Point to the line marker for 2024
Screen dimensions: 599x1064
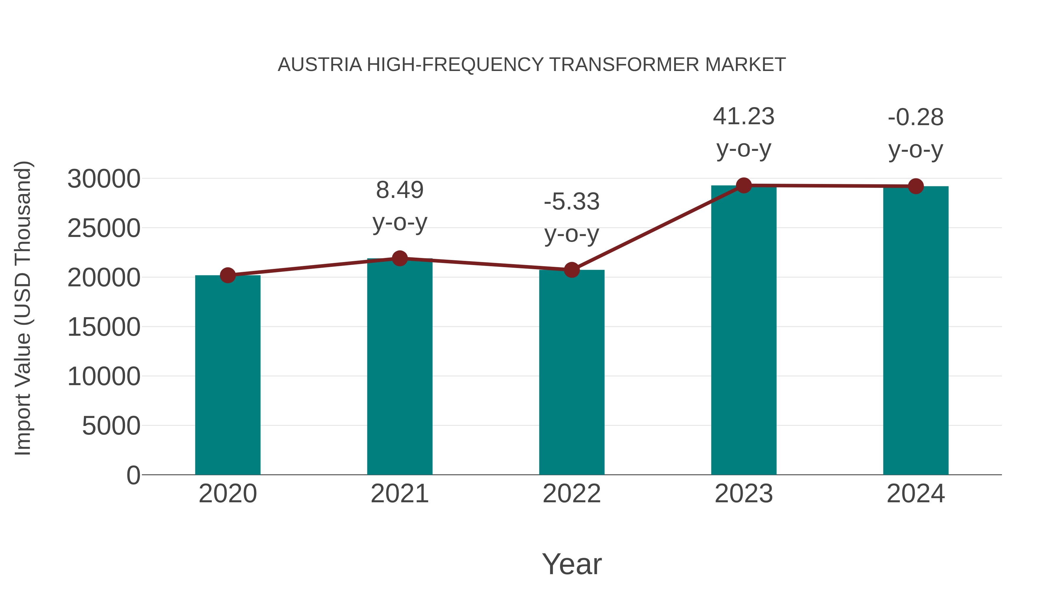coord(916,186)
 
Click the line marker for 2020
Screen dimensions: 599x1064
coord(228,275)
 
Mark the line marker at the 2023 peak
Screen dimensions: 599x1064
coord(744,185)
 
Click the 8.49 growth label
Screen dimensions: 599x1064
coord(399,190)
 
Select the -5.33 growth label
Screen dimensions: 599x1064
coord(572,202)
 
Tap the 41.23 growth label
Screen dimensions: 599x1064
coord(744,117)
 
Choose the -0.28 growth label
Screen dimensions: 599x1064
coord(916,117)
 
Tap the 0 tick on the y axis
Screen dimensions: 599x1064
coord(133,475)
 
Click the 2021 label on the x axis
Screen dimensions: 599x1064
coord(399,494)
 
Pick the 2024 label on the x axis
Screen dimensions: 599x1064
coord(916,494)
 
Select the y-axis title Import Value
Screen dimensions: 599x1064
coord(23,308)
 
